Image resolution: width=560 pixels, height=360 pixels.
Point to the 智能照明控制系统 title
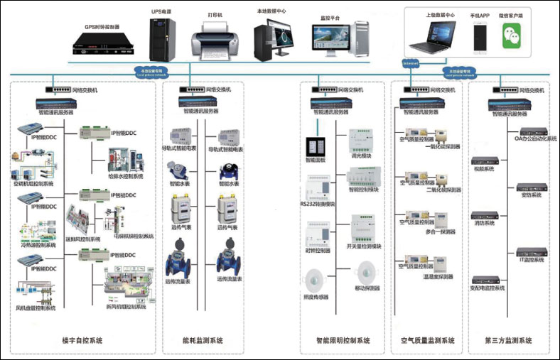[x=343, y=341]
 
